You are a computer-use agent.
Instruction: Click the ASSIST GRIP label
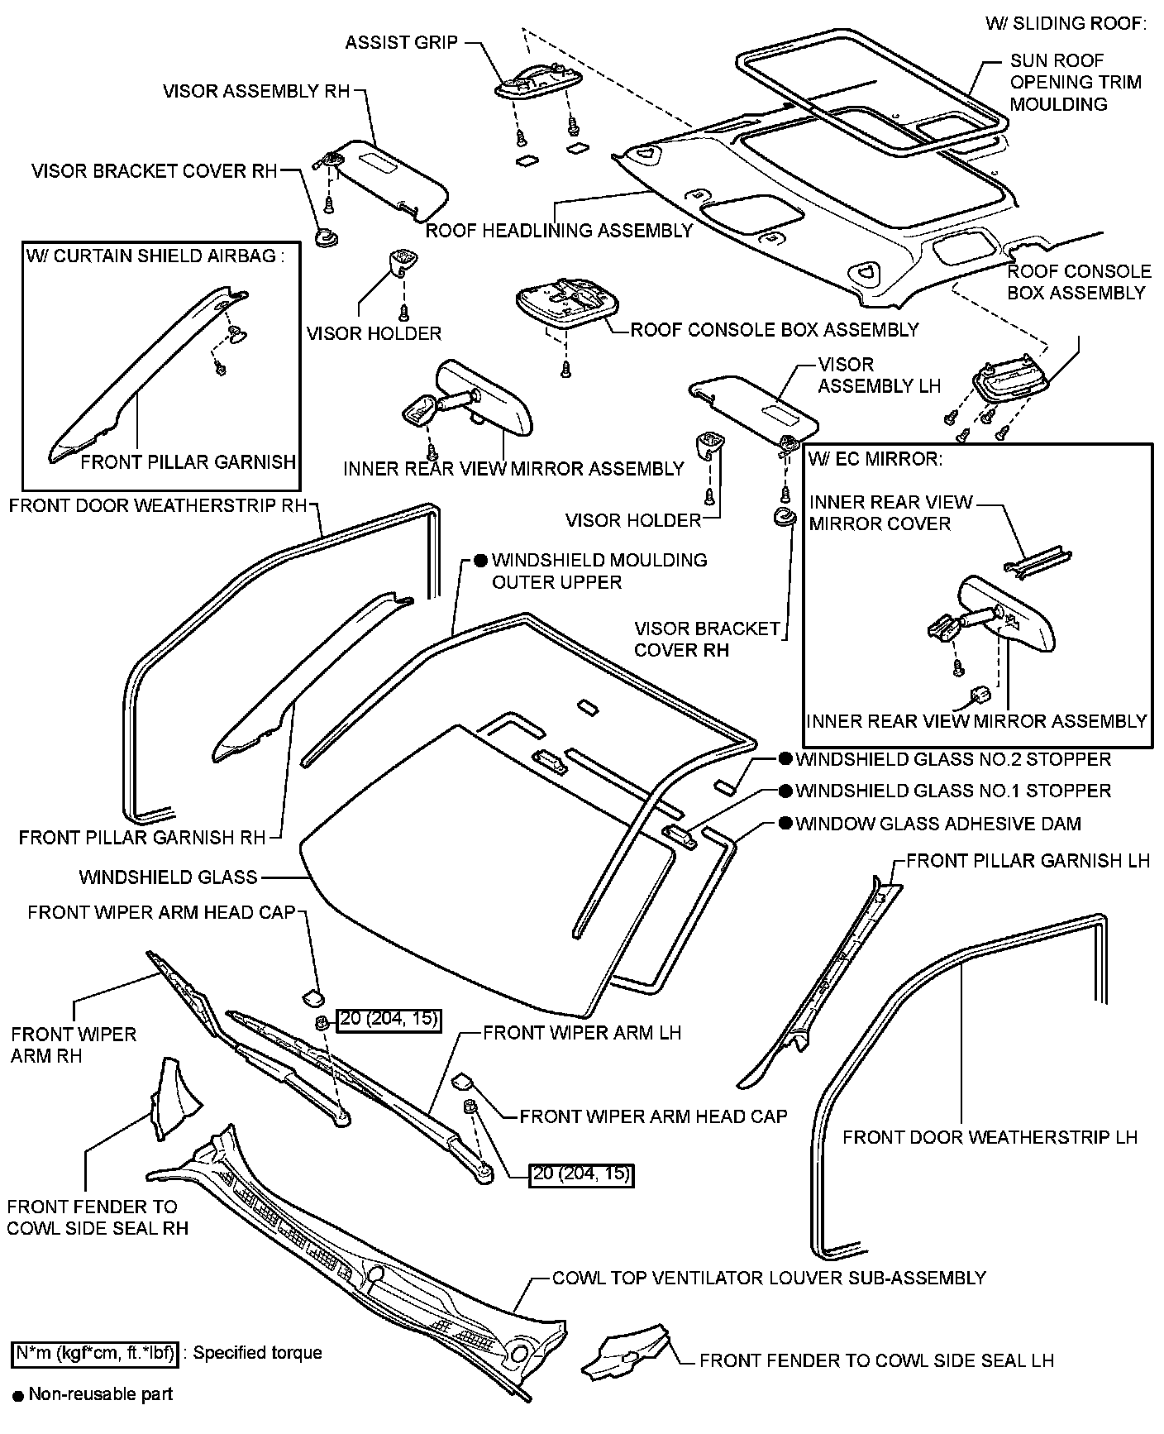pos(401,42)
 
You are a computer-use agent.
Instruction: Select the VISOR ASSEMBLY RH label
pos(256,91)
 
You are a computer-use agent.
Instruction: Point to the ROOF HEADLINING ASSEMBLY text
pos(559,231)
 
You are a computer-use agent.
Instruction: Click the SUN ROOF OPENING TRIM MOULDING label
pos(1075,82)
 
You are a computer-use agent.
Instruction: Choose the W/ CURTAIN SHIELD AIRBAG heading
pos(155,256)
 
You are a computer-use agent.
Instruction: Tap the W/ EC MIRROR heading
pos(876,459)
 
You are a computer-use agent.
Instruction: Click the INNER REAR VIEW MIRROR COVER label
pos(890,513)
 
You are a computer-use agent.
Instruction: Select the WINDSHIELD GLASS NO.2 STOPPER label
pos(953,759)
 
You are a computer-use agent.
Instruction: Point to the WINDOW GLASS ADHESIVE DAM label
pos(938,824)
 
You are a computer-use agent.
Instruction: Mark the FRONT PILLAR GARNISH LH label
pos(1028,861)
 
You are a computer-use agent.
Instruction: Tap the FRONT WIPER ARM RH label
pos(74,1044)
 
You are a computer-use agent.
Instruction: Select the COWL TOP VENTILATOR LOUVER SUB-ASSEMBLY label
pos(769,1278)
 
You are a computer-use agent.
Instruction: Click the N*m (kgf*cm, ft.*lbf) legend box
pos(96,1354)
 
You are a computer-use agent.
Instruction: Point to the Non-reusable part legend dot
pos(17,1395)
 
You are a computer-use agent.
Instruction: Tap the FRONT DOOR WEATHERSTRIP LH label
pos(990,1137)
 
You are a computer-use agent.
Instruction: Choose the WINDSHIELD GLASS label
pos(168,877)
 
